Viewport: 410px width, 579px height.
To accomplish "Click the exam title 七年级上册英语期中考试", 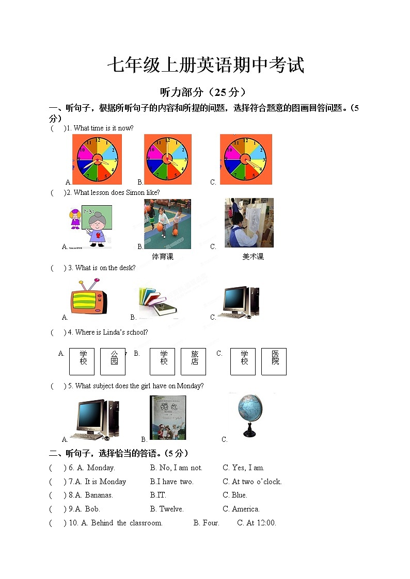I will pyautogui.click(x=205, y=65).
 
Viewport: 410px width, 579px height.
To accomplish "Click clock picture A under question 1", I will pyautogui.click(x=97, y=159).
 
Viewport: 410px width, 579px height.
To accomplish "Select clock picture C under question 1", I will pyautogui.click(x=246, y=159).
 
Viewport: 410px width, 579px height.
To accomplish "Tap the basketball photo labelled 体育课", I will pyautogui.click(x=167, y=224).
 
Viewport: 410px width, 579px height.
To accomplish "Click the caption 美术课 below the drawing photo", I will pyautogui.click(x=253, y=256).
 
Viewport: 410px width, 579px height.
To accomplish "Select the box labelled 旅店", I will pyautogui.click(x=194, y=361).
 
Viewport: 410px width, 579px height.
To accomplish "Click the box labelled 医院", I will pyautogui.click(x=274, y=361).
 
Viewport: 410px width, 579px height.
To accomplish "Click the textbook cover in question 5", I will pyautogui.click(x=168, y=418).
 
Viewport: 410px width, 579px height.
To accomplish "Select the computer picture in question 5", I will pyautogui.click(x=96, y=419).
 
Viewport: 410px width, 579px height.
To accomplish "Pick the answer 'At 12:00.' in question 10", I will pyautogui.click(x=257, y=523).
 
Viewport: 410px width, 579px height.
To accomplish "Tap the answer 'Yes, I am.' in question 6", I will pyautogui.click(x=244, y=468).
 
